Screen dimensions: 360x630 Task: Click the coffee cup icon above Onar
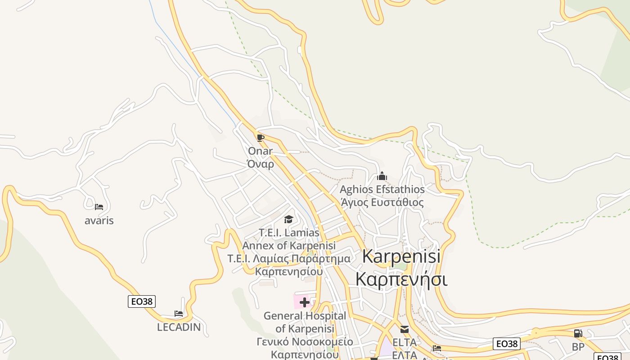pos(260,138)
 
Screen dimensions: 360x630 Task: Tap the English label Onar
pos(260,151)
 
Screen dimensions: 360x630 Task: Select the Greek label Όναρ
pos(261,164)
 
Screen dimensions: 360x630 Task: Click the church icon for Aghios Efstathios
pos(382,176)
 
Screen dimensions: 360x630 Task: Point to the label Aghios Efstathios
pos(382,189)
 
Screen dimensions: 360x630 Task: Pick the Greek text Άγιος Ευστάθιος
pos(382,202)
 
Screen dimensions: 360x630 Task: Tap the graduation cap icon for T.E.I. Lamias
pos(288,219)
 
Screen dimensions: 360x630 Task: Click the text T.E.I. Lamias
pos(289,233)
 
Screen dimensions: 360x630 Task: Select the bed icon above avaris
pos(99,207)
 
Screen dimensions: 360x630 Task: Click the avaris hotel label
pos(99,220)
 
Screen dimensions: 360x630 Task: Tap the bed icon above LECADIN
pos(179,314)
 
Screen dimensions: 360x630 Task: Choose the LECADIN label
pos(179,327)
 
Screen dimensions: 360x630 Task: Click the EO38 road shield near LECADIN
pos(142,301)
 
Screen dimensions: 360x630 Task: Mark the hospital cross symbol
pos(304,302)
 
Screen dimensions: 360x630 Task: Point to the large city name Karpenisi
pos(401,256)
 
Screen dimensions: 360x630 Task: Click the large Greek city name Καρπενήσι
pos(401,279)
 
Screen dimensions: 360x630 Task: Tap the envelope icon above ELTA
pos(404,329)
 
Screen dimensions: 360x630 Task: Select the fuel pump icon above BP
pos(578,333)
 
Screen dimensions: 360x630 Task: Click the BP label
pos(578,347)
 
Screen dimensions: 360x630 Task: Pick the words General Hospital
pos(305,316)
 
